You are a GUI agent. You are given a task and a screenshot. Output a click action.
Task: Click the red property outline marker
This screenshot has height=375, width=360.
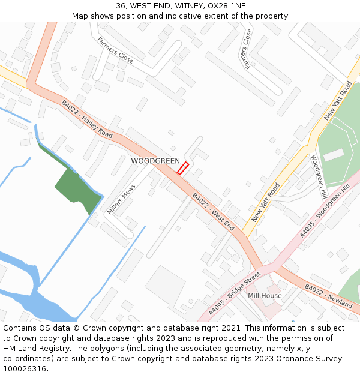point(183,168)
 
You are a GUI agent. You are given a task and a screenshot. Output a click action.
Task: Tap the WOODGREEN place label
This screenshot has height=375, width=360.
point(155,161)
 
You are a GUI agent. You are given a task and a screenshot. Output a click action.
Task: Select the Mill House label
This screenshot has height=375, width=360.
point(265,296)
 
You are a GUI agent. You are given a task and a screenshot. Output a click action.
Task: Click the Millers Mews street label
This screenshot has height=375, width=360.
point(122,200)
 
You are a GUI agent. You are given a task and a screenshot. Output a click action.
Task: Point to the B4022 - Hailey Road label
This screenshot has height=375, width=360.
point(87,119)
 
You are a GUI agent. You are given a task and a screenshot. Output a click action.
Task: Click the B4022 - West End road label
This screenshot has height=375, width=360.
point(213,212)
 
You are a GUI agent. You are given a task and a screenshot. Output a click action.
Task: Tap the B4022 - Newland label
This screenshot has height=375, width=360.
point(328,296)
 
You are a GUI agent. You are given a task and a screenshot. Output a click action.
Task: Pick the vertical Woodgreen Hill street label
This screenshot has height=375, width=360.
point(318,178)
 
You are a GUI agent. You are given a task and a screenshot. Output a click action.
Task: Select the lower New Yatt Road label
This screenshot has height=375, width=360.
point(266,202)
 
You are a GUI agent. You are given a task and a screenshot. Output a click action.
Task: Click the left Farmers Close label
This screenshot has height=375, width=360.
point(115,50)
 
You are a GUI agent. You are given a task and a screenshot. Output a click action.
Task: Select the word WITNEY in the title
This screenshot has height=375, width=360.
point(188,6)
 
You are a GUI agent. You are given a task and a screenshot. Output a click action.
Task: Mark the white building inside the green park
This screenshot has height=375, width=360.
point(334,154)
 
